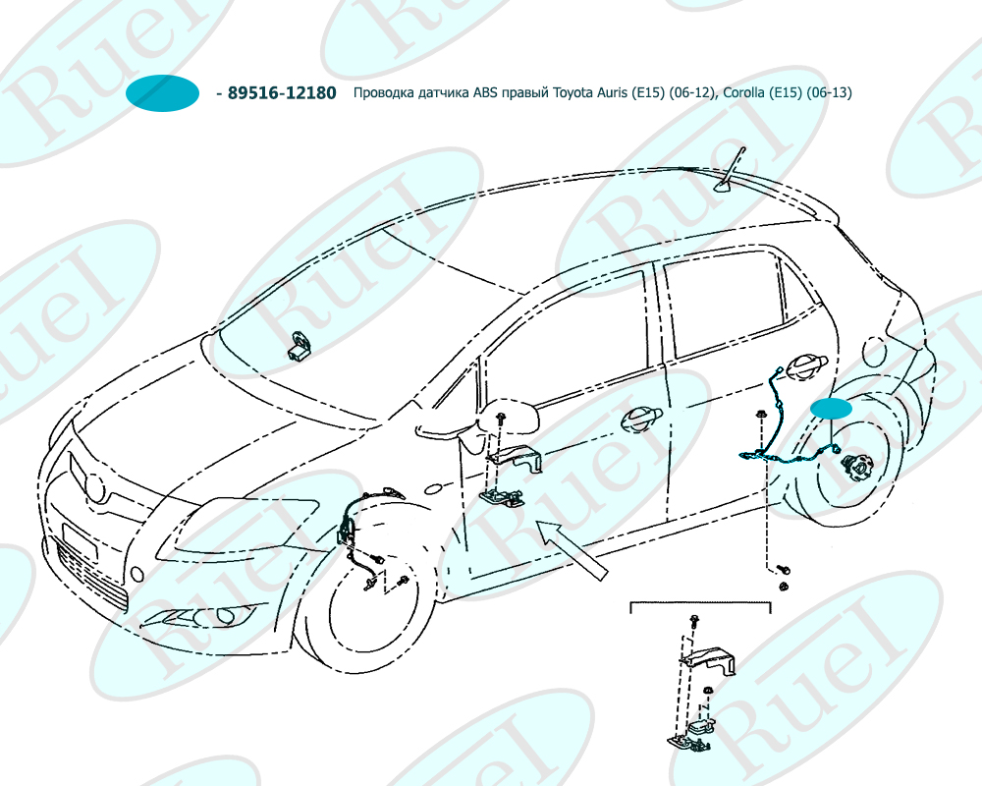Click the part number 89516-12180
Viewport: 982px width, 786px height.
click(282, 93)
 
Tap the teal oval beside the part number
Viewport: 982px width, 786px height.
click(164, 93)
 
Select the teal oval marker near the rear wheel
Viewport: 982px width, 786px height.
click(831, 410)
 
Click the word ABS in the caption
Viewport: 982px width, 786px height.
click(486, 93)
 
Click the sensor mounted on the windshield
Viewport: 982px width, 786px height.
click(298, 347)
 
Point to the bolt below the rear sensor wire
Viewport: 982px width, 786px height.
click(785, 569)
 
